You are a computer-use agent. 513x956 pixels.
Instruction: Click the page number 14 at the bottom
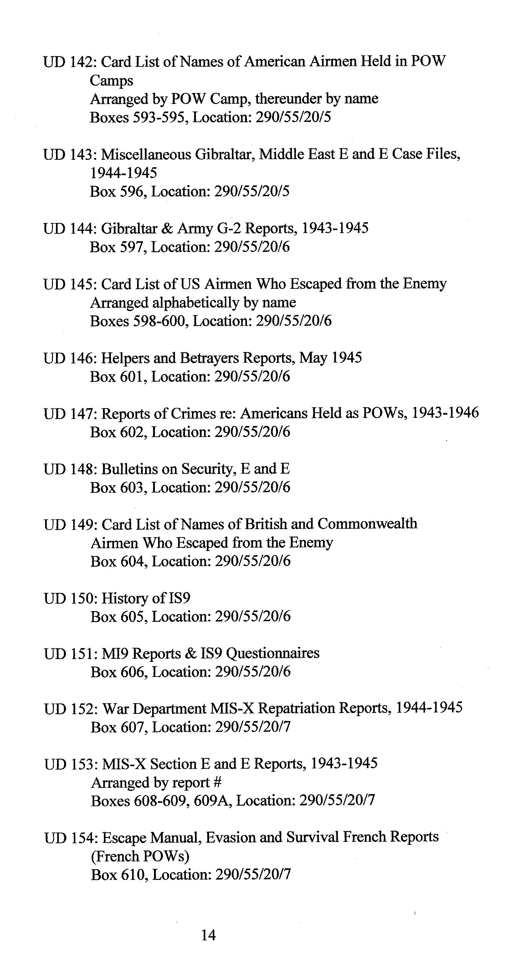pyautogui.click(x=208, y=934)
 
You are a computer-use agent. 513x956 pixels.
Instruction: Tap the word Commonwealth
pyautogui.click(x=367, y=524)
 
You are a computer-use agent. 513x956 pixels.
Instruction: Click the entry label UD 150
pyautogui.click(x=70, y=598)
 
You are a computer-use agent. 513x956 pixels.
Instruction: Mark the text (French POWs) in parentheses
pyautogui.click(x=140, y=856)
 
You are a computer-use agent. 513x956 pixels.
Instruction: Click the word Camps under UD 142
pyautogui.click(x=111, y=80)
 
